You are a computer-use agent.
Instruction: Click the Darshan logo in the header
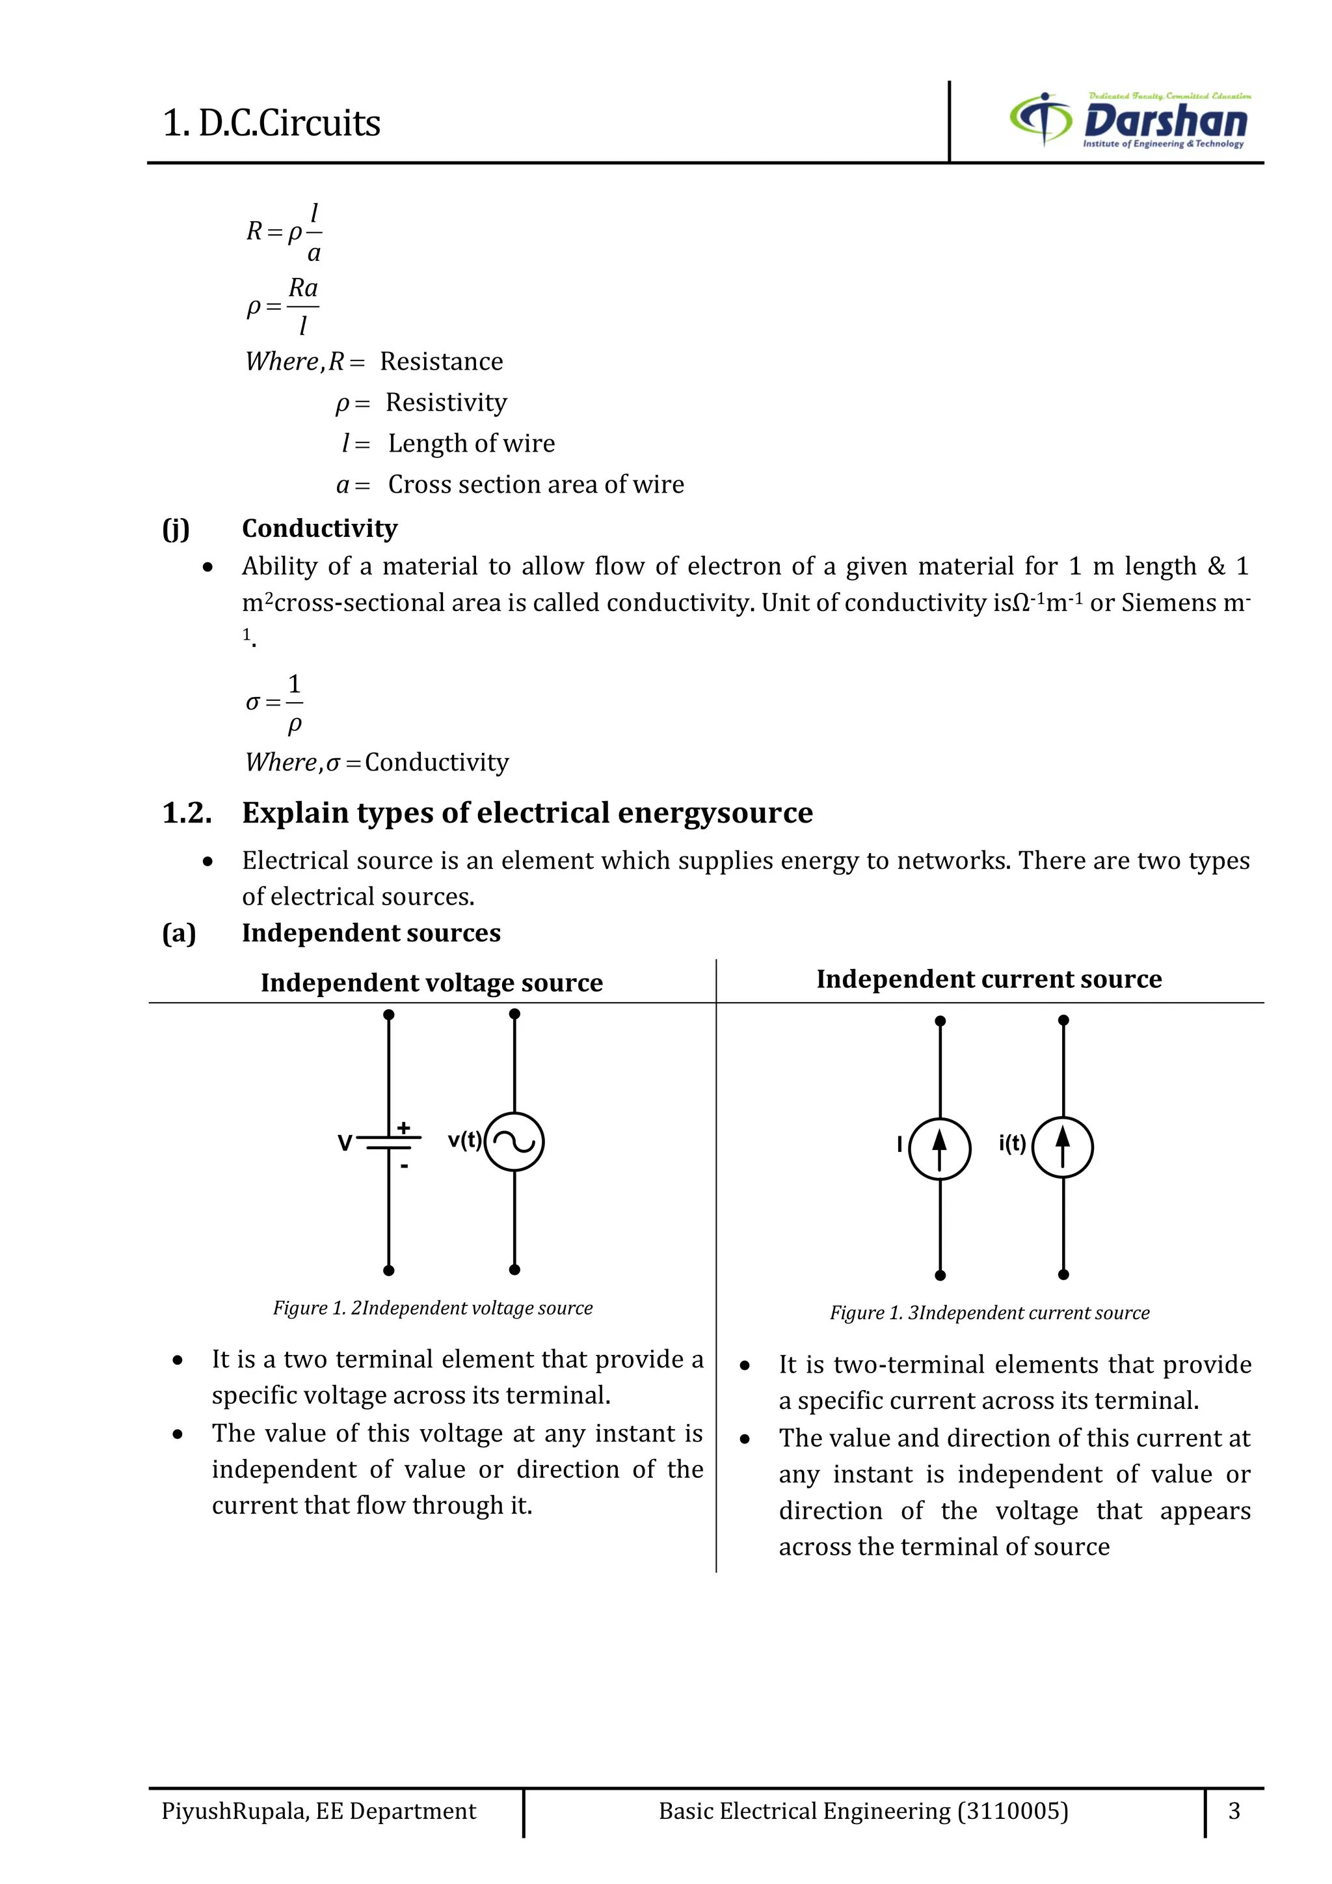pos(1130,120)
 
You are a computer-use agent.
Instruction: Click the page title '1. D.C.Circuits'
pos(271,123)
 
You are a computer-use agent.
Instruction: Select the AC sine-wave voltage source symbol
pos(514,1141)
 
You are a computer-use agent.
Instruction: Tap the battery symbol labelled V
pos(389,1142)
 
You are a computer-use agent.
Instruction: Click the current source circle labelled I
pos(940,1148)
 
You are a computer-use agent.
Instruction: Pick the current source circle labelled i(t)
pos(1063,1147)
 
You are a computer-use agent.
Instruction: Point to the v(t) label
pos(464,1140)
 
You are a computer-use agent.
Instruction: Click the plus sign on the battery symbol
pos(403,1128)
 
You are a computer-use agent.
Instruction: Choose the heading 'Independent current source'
pos(989,979)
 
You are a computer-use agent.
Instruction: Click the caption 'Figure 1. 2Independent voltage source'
pos(433,1308)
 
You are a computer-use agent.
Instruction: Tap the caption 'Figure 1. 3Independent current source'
pos(989,1313)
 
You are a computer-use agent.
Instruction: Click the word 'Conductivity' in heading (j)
pos(320,528)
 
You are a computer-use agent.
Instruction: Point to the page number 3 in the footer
pos(1234,1810)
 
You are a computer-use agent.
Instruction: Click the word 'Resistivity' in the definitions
pos(446,403)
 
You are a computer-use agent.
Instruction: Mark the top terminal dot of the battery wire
pos(389,1015)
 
